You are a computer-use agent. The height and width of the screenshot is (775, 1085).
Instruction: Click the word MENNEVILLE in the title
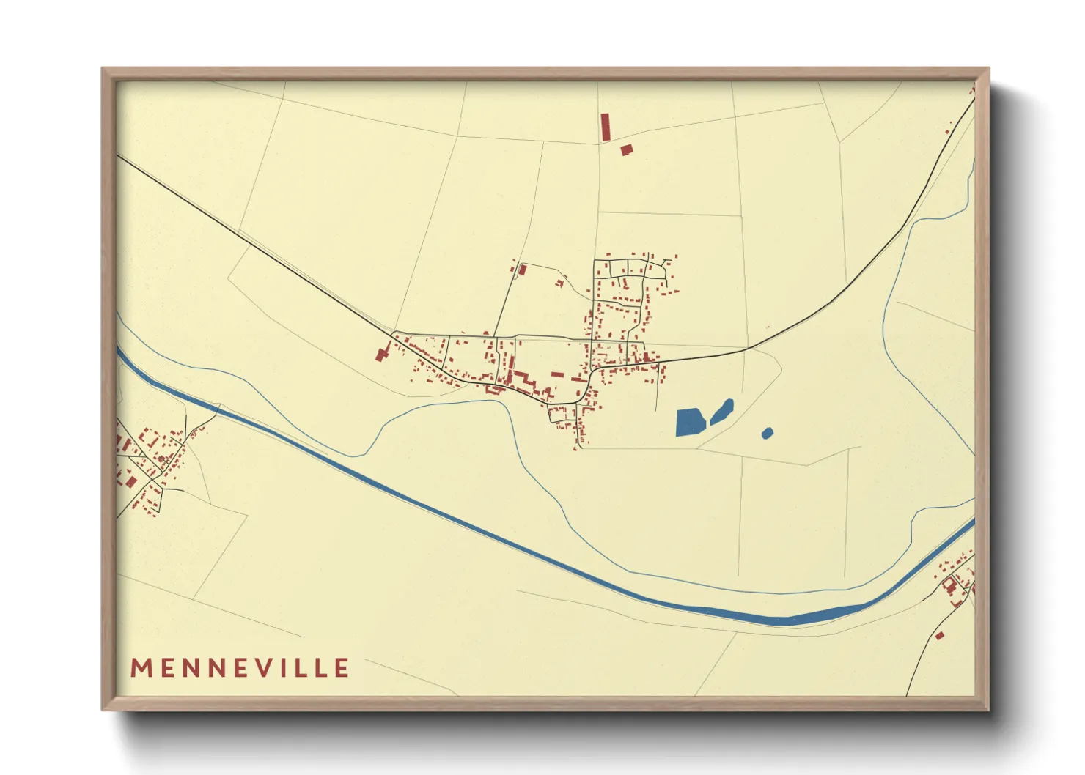point(240,668)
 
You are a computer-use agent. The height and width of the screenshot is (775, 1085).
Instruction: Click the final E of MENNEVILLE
point(342,668)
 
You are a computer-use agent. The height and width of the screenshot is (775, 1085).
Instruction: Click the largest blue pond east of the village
point(689,423)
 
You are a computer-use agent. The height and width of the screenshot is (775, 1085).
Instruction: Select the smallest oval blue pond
point(767,433)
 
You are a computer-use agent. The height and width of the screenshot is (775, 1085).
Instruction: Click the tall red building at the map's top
point(606,127)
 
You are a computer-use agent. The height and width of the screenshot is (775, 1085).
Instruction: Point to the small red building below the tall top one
point(626,149)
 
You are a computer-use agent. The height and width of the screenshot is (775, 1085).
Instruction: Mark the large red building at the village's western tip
point(382,355)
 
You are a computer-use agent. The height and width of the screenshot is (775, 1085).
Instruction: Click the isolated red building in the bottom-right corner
point(939,636)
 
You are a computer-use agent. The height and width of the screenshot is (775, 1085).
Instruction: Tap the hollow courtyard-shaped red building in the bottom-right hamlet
point(950,584)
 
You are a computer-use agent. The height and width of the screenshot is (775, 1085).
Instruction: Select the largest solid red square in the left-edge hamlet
point(131,481)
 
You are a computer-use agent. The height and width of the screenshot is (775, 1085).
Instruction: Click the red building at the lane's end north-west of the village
point(522,270)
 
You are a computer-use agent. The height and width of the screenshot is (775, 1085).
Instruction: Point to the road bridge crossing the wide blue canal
point(218,407)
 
